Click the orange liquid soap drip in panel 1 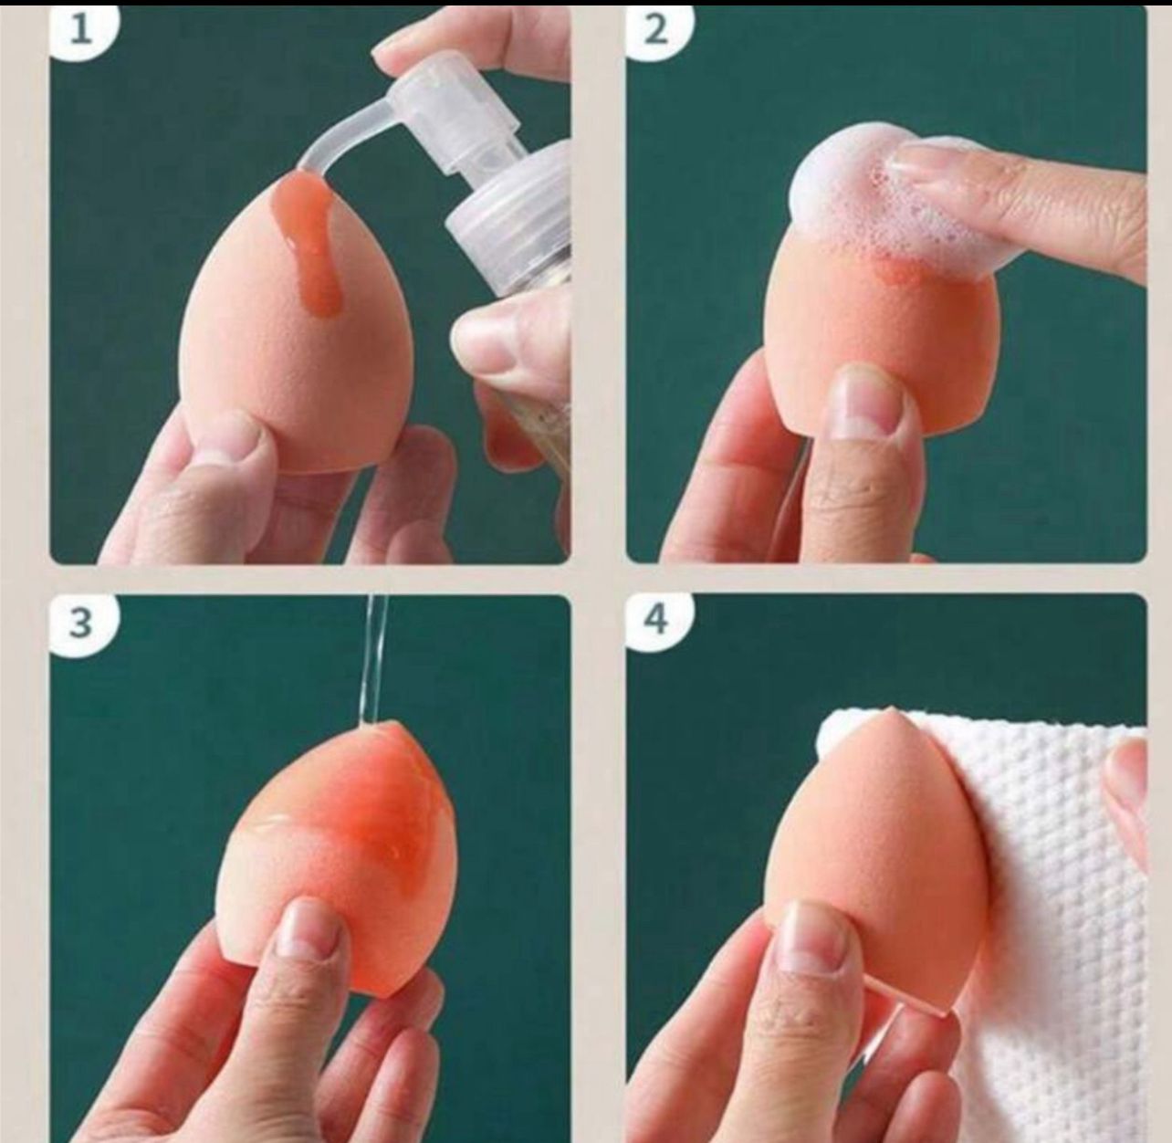(x=313, y=241)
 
